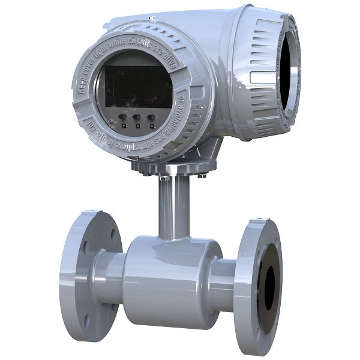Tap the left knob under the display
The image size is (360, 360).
[x=122, y=118]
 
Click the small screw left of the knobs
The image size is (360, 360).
[x=110, y=122]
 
